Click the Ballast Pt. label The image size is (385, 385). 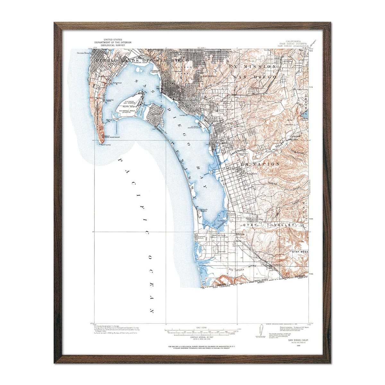click(x=109, y=121)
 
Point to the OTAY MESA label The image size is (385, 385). click(x=299, y=252)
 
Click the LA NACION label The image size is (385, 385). click(x=260, y=164)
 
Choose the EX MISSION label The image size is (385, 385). click(x=252, y=66)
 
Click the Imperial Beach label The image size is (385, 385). click(x=201, y=237)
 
